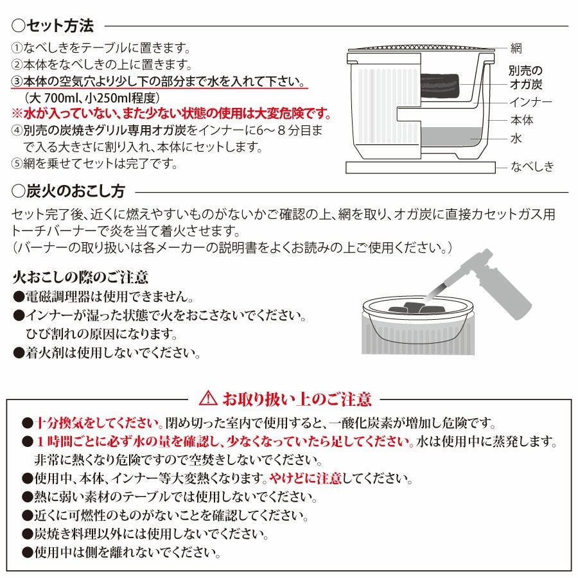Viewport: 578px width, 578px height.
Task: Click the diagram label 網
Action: (516, 48)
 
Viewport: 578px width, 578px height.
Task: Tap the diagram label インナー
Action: (531, 102)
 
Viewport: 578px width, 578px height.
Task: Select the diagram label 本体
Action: (521, 120)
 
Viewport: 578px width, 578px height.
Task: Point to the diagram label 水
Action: (516, 138)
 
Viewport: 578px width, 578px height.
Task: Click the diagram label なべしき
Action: (532, 166)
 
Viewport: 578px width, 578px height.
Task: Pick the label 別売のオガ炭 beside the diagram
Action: (525, 78)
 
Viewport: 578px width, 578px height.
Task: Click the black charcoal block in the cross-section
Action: (440, 87)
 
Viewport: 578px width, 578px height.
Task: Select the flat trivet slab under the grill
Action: (420, 167)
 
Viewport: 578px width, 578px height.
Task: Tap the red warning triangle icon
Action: (208, 398)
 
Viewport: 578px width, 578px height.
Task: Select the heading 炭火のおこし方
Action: (69, 191)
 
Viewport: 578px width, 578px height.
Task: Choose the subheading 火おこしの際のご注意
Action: (80, 277)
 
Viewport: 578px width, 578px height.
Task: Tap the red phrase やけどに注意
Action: (305, 478)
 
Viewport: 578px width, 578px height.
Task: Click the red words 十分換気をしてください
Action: (99, 423)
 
